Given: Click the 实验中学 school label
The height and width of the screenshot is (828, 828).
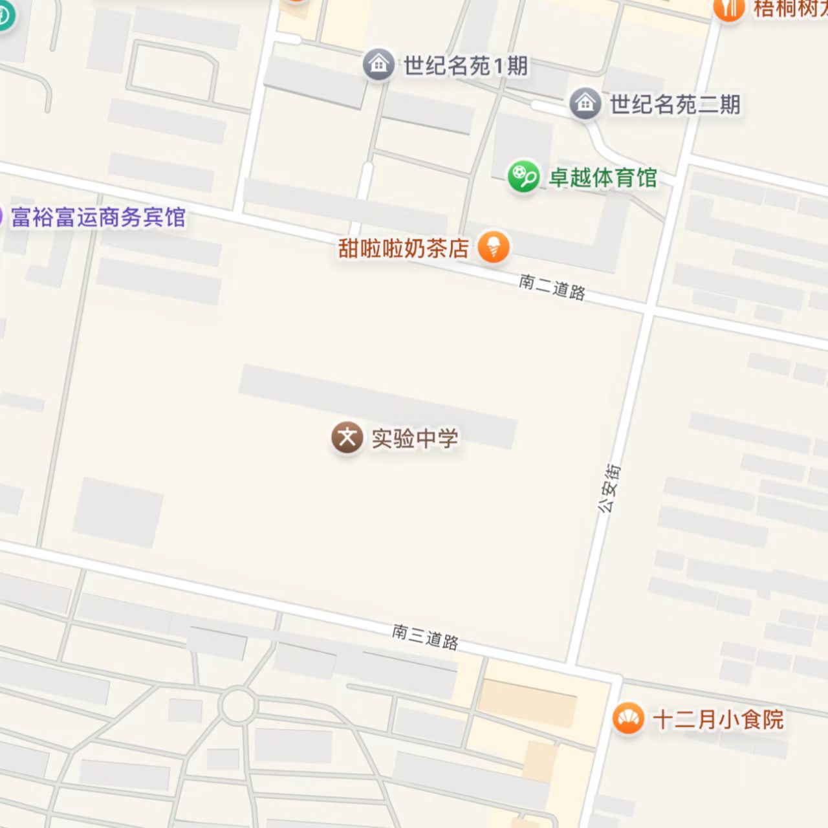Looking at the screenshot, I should [x=415, y=439].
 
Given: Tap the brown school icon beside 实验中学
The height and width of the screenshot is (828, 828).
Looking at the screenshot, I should [x=347, y=438].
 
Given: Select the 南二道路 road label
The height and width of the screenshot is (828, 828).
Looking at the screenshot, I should [x=552, y=287].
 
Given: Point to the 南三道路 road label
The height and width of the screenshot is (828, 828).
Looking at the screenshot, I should [x=425, y=637].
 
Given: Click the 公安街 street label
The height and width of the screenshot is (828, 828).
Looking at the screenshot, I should [x=609, y=488].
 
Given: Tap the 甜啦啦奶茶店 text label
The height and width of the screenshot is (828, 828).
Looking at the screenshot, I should [x=404, y=248].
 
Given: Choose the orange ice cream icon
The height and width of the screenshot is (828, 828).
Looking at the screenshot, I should [x=494, y=247].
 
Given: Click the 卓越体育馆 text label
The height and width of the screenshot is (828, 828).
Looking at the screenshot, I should [x=603, y=177].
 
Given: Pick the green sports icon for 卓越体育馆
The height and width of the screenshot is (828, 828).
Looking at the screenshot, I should [x=523, y=176].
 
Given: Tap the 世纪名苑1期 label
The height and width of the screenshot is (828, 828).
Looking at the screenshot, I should [x=466, y=65].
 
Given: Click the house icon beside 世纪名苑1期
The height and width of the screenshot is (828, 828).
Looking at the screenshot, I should [x=378, y=65].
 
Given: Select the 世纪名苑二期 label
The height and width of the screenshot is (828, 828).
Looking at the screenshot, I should [x=675, y=104].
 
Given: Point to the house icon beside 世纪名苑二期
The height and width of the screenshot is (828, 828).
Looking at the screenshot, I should [x=585, y=103].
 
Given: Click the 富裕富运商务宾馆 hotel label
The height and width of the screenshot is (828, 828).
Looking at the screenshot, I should [x=98, y=217].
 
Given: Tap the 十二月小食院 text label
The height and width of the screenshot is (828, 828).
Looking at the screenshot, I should [x=718, y=719].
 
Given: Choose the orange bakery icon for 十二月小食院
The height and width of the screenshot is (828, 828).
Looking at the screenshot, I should [x=627, y=719].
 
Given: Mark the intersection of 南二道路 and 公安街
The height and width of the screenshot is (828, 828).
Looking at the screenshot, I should [x=649, y=311].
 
